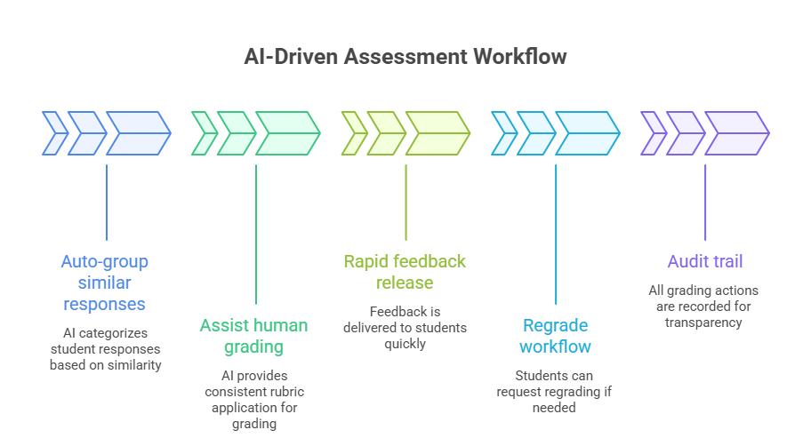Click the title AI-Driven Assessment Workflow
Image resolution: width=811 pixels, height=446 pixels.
405,57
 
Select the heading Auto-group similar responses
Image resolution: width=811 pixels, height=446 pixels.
105,283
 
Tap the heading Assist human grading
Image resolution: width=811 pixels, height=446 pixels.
254,336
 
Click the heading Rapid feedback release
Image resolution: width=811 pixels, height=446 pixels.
405,272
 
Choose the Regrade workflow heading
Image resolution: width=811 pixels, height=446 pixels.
556,336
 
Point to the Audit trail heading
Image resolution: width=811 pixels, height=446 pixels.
705,261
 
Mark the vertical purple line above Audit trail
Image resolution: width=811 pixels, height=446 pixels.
705,203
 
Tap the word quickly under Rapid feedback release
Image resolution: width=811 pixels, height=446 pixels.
405,344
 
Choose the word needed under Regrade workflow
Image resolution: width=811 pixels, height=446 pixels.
555,408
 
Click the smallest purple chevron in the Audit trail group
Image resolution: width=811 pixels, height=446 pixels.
653,133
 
